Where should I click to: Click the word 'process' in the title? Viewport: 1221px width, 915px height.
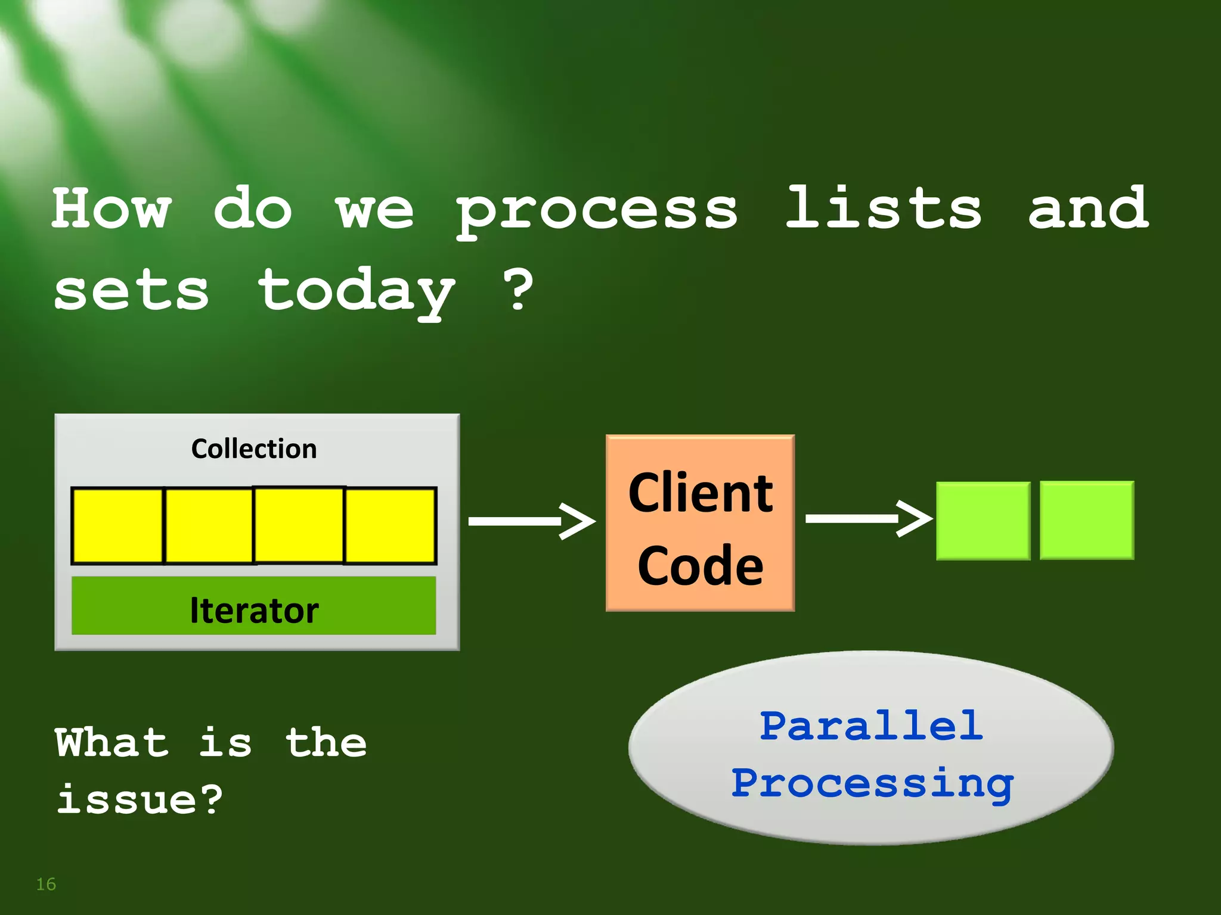tap(596, 210)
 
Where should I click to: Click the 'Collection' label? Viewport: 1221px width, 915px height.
tap(254, 449)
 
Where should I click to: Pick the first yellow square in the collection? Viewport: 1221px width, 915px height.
tap(117, 525)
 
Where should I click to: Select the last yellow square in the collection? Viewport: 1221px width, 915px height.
tap(391, 525)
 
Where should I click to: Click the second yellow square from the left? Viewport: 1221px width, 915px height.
tap(209, 525)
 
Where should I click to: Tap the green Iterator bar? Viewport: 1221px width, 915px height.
tap(254, 606)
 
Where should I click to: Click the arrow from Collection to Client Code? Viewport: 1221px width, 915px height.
tap(531, 521)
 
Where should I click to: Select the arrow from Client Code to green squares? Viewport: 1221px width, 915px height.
tap(868, 519)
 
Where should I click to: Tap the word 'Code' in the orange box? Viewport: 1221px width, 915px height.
tap(701, 565)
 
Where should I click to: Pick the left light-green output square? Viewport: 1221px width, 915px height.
tap(983, 521)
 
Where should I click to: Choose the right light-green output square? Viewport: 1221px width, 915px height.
tap(1087, 520)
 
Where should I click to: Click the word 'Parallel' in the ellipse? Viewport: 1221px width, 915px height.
tap(871, 726)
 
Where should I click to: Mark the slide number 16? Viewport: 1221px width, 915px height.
tap(46, 884)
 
